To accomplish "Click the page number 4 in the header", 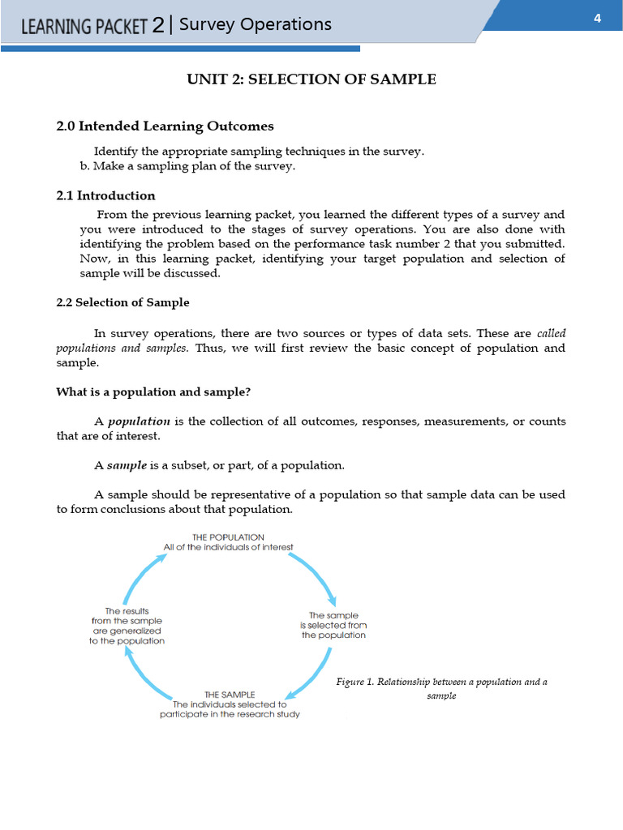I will [597, 19].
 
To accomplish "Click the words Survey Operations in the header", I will [255, 24].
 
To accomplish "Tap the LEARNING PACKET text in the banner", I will [84, 27].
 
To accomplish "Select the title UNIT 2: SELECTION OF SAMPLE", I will [311, 79].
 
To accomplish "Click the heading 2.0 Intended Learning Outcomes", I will [165, 126].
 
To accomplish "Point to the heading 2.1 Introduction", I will [105, 195].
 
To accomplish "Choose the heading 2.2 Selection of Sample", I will [122, 302].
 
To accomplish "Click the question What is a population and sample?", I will [153, 391].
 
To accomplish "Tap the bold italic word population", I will [139, 421].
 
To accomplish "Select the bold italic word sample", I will [127, 465].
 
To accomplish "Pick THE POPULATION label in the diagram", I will [228, 537].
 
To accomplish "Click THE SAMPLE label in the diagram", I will [230, 695].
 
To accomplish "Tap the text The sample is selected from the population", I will [333, 625].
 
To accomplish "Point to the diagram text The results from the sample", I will [127, 626].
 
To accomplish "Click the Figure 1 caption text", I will [441, 688].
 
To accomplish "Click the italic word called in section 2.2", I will [551, 333].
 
